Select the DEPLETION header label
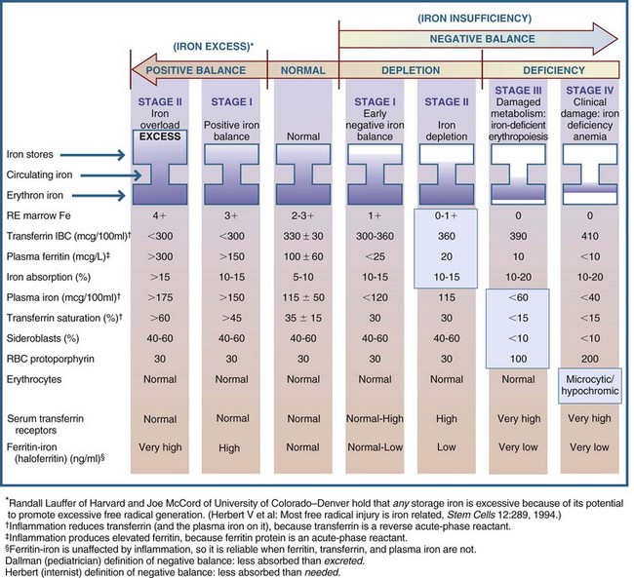(x=408, y=70)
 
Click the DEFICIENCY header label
(x=554, y=70)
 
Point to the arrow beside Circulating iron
(x=111, y=175)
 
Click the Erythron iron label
(x=35, y=197)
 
